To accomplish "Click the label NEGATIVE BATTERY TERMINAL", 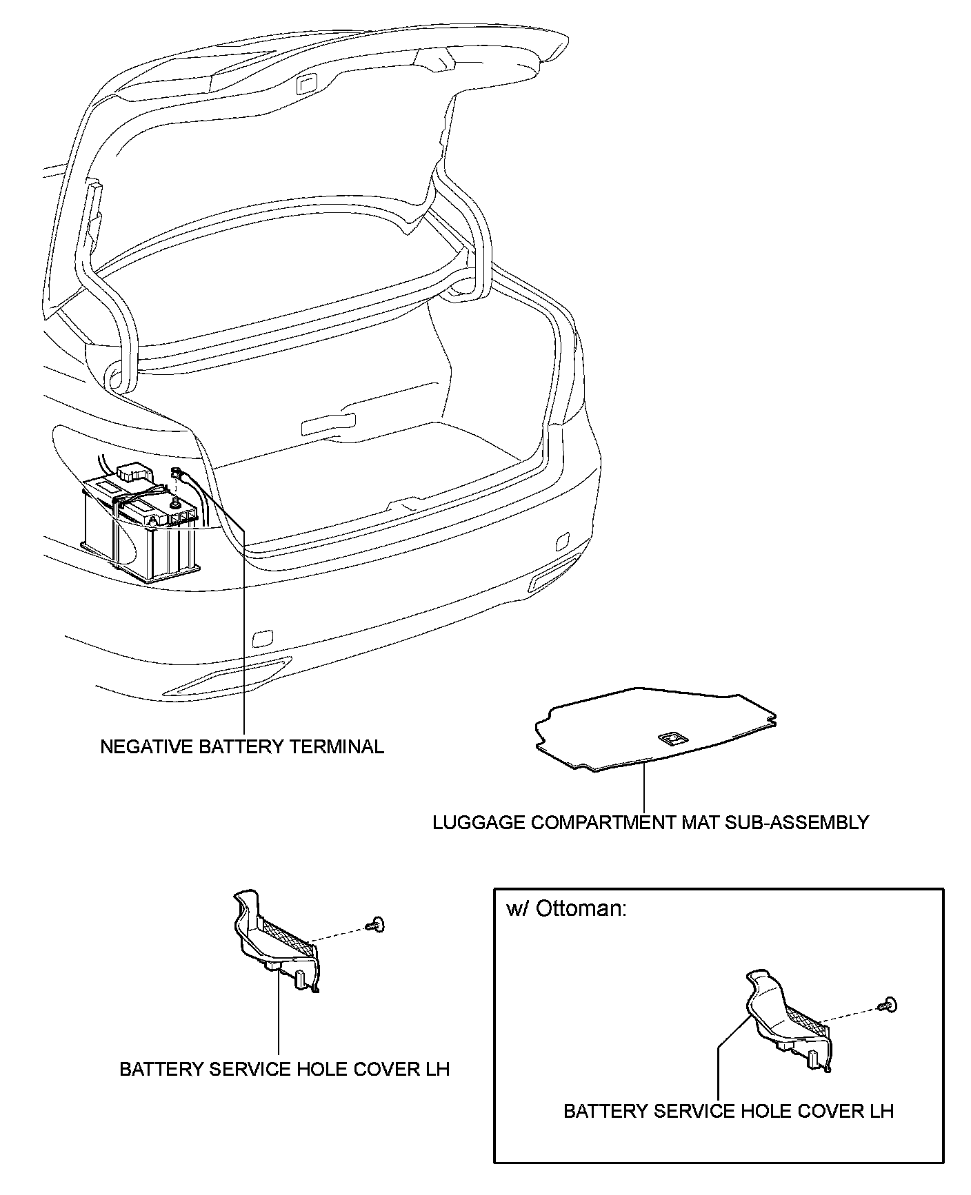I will pyautogui.click(x=242, y=746).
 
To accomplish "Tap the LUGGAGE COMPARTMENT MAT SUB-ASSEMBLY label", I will pyautogui.click(x=650, y=822).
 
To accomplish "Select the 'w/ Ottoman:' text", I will pyautogui.click(x=566, y=909).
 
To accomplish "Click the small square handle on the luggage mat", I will pyautogui.click(x=670, y=739).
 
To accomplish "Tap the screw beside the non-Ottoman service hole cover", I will pyautogui.click(x=377, y=923).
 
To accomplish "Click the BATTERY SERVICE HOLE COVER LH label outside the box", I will pyautogui.click(x=284, y=1069).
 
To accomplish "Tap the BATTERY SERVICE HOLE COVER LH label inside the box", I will pyautogui.click(x=728, y=1111).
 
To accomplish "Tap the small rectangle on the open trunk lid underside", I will pyautogui.click(x=303, y=84).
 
